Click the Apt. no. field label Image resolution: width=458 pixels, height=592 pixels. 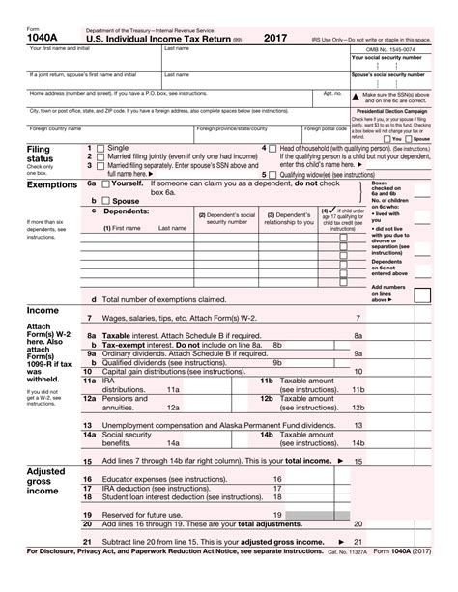click(332, 94)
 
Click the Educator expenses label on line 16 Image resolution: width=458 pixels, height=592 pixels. click(150, 479)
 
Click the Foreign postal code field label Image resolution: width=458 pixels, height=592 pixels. click(324, 127)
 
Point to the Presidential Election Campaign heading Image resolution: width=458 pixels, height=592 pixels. click(403, 109)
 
